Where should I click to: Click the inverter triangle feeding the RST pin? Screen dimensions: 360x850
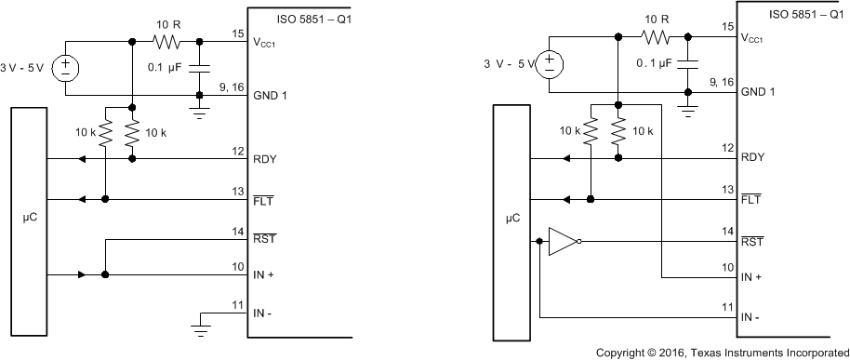point(562,241)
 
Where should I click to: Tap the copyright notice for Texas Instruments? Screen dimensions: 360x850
point(721,353)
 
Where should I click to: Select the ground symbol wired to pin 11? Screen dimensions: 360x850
point(201,325)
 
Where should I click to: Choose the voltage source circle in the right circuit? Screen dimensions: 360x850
point(551,64)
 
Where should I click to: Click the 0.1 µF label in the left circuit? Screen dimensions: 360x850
point(168,68)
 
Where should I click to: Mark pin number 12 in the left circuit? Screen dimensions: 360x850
point(238,151)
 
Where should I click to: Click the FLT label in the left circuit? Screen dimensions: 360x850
point(263,199)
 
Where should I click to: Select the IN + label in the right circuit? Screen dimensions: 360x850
point(752,278)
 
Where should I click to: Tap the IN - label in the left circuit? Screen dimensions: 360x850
point(264,313)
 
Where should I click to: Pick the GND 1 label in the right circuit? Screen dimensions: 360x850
point(758,92)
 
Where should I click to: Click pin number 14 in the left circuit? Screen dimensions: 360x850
point(238,231)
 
